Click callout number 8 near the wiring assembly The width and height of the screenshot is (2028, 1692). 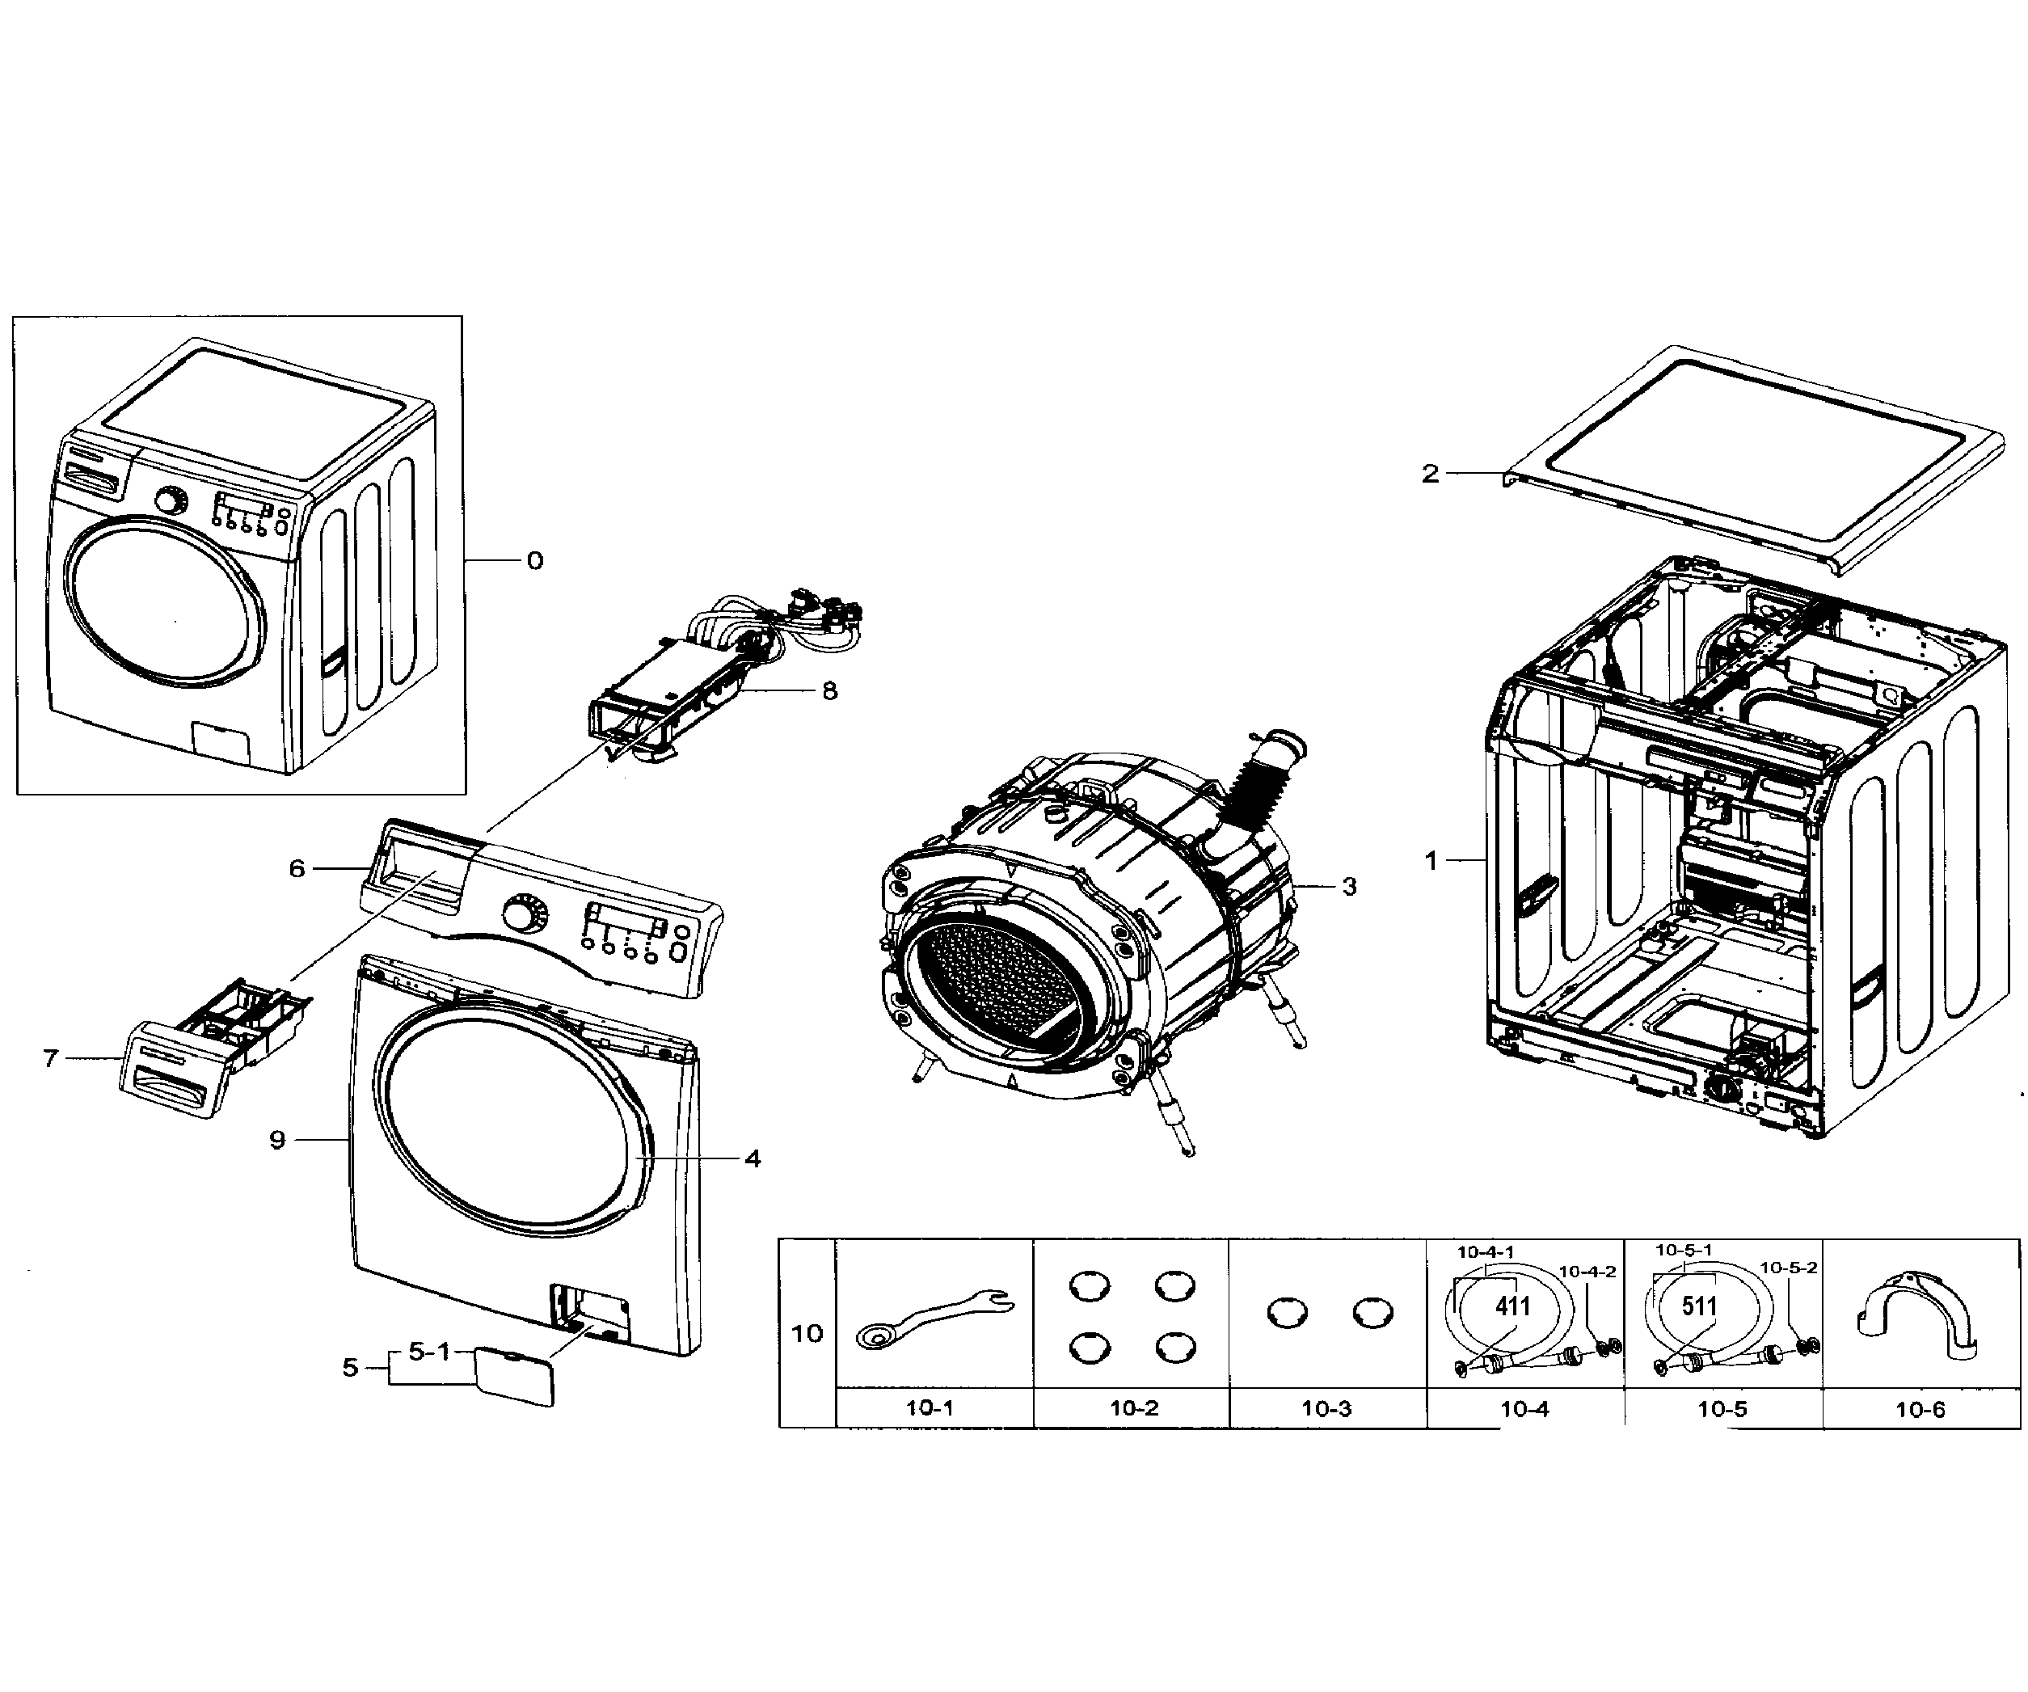point(829,691)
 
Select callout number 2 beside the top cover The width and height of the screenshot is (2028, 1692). point(1430,473)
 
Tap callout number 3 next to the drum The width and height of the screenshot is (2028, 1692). point(1349,887)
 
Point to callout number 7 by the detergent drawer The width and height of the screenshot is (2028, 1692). point(51,1058)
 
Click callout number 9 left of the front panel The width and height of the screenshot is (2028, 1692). point(277,1141)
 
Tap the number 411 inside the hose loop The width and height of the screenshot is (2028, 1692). point(1512,1306)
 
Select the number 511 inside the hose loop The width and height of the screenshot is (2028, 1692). point(1699,1306)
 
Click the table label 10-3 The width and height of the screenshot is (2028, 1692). point(1326,1409)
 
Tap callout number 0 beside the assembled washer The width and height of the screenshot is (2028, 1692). point(535,561)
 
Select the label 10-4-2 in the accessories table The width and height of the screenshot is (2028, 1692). point(1587,1272)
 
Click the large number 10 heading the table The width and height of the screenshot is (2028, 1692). point(807,1334)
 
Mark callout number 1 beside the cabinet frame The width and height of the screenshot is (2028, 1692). point(1431,859)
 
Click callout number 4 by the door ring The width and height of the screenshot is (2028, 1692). point(753,1159)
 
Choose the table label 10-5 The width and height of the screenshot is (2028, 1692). point(1722,1409)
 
